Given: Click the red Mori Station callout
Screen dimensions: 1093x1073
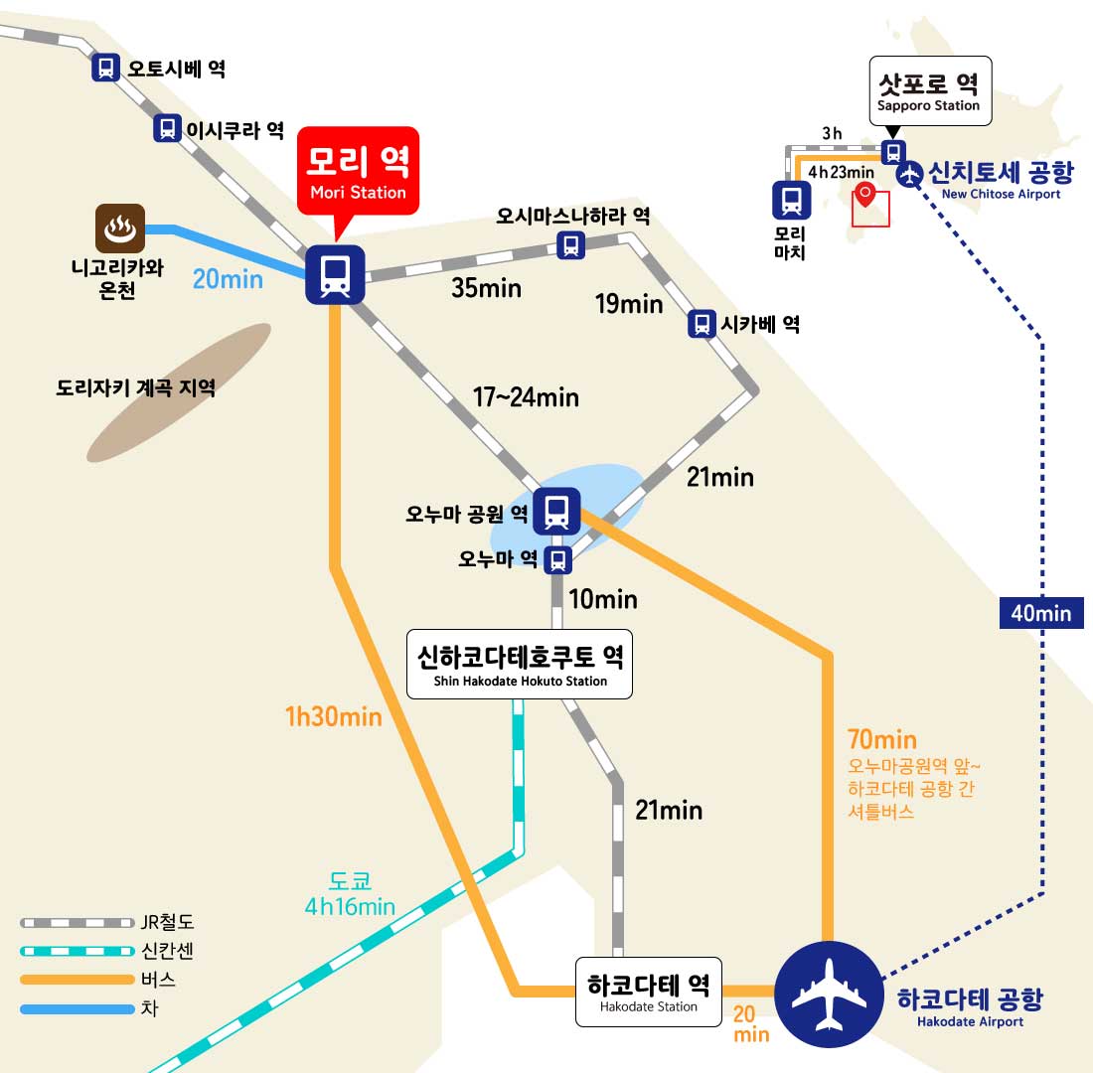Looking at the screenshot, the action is pyautogui.click(x=359, y=172).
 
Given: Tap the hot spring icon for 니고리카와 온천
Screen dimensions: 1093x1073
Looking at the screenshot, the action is pyautogui.click(x=120, y=228).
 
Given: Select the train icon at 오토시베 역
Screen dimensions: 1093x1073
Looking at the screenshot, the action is pyautogui.click(x=105, y=68).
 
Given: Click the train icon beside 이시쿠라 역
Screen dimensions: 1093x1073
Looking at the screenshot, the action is pyautogui.click(x=167, y=128).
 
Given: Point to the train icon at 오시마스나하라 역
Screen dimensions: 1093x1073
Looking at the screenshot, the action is pyautogui.click(x=571, y=245).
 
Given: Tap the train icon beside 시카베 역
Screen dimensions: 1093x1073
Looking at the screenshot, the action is pyautogui.click(x=702, y=324).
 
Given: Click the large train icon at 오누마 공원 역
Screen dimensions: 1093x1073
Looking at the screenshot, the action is pyautogui.click(x=556, y=511).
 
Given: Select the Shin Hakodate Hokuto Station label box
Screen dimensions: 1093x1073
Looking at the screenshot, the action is pyautogui.click(x=520, y=665).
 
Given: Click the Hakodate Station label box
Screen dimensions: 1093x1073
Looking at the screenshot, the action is pyautogui.click(x=648, y=993).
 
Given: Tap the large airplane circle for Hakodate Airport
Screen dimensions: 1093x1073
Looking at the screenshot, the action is pyautogui.click(x=829, y=995).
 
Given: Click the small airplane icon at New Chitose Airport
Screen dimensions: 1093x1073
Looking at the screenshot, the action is pyautogui.click(x=909, y=174).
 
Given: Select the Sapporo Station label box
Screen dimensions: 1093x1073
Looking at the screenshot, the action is pyautogui.click(x=930, y=91).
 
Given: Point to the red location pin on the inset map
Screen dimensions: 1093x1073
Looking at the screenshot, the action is pyautogui.click(x=864, y=194).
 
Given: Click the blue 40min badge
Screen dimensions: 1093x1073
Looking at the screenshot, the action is pyautogui.click(x=1041, y=613).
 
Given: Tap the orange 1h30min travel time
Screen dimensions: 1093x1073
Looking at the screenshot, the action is pyautogui.click(x=333, y=716).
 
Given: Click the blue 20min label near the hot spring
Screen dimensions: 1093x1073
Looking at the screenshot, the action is pyautogui.click(x=228, y=279).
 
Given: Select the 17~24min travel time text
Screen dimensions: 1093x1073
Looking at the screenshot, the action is pyautogui.click(x=526, y=397).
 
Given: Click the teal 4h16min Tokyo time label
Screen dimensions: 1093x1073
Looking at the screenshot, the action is pyautogui.click(x=350, y=906).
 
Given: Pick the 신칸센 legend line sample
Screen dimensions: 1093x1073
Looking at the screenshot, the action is pyautogui.click(x=77, y=951).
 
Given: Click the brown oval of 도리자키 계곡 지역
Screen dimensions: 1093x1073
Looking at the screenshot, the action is pyautogui.click(x=179, y=392).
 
